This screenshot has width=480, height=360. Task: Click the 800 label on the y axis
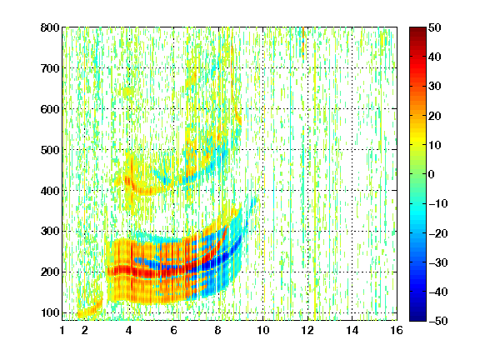(50, 27)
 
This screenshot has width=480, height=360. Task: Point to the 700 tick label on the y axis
(50, 68)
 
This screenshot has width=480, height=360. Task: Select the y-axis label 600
(50, 109)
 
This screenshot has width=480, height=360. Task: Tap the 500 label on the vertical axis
(50, 150)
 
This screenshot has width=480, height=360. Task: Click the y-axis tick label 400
(50, 191)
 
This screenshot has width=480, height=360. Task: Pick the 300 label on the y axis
(50, 232)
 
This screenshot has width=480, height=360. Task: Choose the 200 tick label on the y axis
(50, 272)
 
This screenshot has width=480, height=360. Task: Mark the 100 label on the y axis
(50, 312)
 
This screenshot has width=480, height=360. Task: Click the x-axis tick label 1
(62, 330)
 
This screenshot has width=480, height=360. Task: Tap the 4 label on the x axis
(129, 330)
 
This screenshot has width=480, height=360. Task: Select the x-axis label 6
(173, 330)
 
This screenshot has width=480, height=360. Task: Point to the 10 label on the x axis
(263, 330)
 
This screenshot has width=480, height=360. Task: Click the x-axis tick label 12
(307, 330)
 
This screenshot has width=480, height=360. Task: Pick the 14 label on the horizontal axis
(352, 330)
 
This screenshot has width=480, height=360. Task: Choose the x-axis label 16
(397, 330)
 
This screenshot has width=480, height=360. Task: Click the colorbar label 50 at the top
(435, 27)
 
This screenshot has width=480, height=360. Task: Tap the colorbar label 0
(432, 174)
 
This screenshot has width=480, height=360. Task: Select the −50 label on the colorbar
(437, 321)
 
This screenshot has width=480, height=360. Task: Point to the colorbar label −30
(437, 262)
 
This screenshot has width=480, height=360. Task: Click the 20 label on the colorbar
(435, 116)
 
